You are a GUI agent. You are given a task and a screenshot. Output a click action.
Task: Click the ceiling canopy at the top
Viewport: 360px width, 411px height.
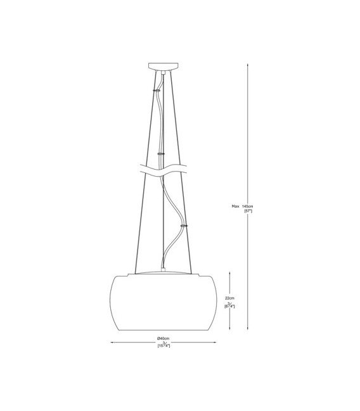coord(164,66)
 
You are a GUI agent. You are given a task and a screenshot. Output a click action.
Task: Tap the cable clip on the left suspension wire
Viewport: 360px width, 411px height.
coord(157,90)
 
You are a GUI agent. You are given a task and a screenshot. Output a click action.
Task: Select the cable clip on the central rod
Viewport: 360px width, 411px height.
coord(160,154)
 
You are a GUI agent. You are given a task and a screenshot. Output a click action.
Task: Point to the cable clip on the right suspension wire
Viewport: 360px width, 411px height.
coord(184,225)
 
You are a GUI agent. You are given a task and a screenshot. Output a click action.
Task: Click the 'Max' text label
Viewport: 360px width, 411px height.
coord(235,206)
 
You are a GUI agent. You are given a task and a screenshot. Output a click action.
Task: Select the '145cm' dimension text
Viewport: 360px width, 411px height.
coord(248,206)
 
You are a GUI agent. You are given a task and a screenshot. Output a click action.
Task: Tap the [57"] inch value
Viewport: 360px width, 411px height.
coord(248,211)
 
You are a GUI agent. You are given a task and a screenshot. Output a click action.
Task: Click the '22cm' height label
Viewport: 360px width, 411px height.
coord(229,298)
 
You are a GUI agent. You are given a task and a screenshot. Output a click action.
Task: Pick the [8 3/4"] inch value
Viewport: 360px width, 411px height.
coord(229,305)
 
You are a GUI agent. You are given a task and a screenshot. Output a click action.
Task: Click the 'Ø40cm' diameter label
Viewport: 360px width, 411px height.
coord(164,339)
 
